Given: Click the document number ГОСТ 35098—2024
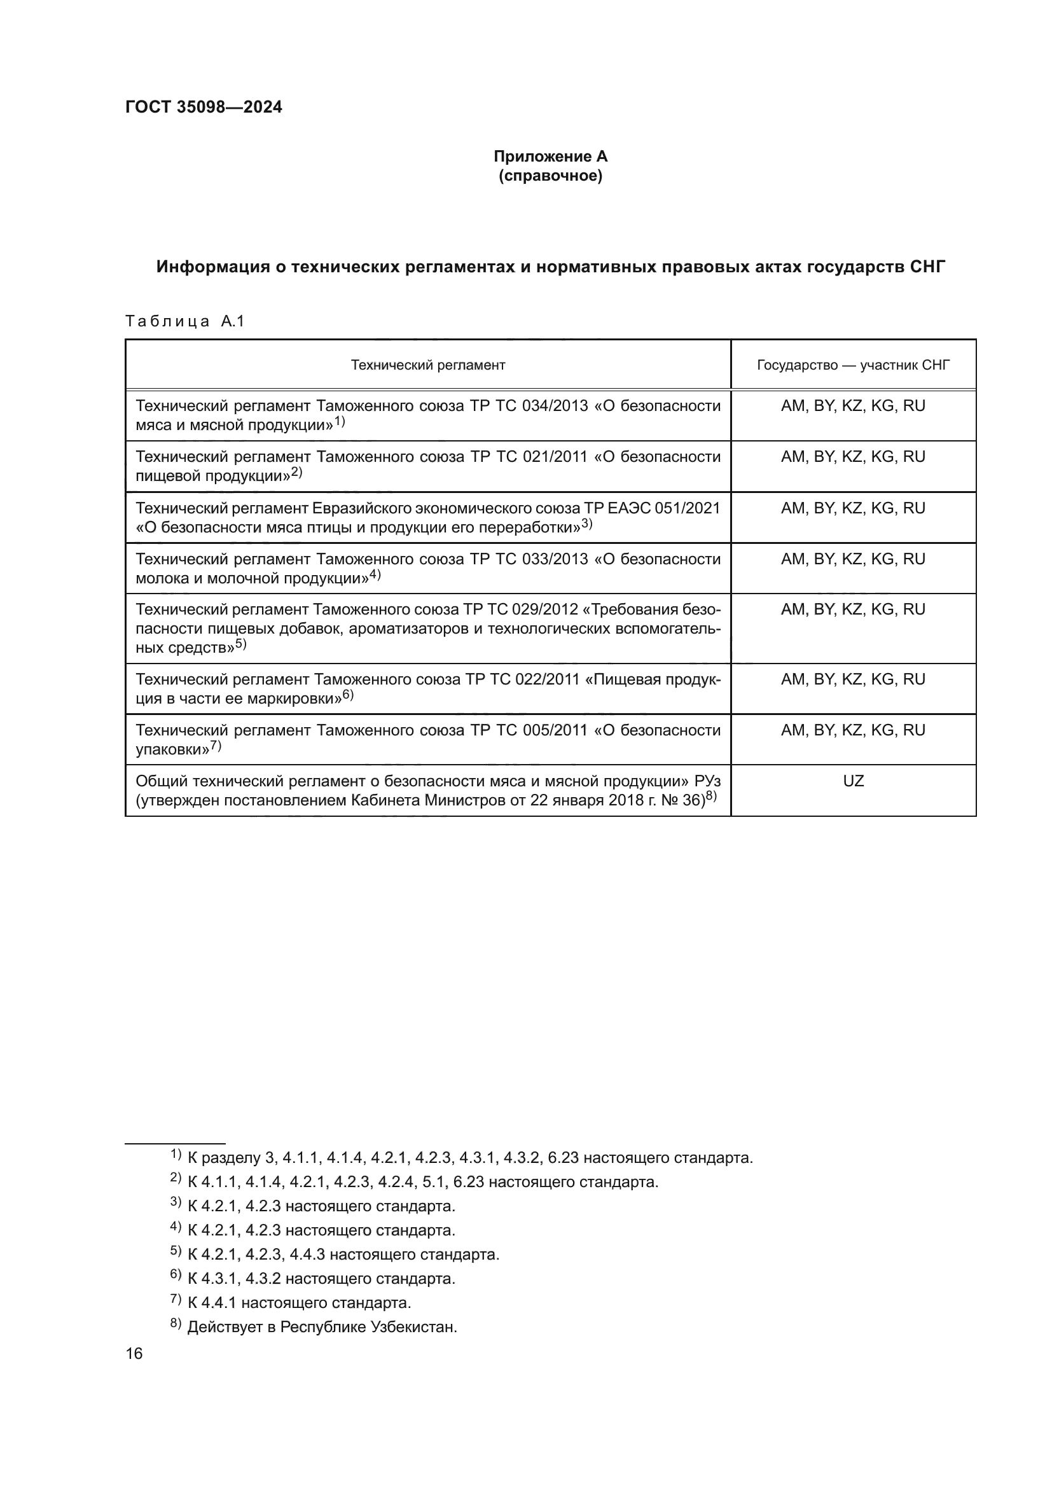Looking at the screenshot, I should click(204, 107).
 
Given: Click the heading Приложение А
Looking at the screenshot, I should click(550, 156).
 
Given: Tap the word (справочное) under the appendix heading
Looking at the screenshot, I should click(550, 176).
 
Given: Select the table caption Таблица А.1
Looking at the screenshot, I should click(184, 321).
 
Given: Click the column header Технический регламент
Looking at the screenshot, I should click(427, 365).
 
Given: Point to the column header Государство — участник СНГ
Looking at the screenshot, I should click(852, 365).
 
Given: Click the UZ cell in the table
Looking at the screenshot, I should click(852, 781).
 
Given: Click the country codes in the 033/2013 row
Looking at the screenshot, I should click(852, 559).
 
